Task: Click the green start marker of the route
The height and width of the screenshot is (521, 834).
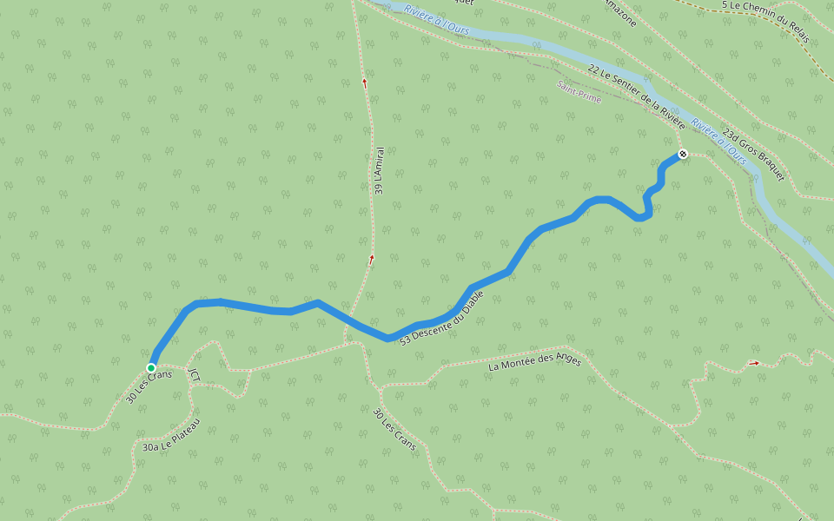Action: point(151,367)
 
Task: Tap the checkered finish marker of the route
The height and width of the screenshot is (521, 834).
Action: point(683,155)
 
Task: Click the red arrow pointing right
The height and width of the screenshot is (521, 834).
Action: point(754,362)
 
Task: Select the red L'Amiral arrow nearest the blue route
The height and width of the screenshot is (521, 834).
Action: point(371,259)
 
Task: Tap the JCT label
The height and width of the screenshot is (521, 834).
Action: point(194,375)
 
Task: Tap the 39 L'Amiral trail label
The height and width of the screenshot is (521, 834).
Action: point(380,169)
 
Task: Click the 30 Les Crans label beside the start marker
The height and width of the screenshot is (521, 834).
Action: point(149,385)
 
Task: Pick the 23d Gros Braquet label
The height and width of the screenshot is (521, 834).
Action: point(753,155)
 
